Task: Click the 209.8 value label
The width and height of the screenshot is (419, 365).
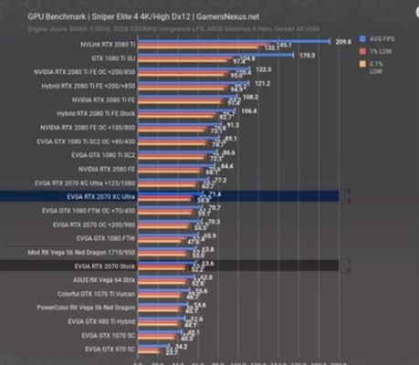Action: pos(343,42)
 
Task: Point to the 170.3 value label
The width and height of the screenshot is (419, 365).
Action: pos(308,56)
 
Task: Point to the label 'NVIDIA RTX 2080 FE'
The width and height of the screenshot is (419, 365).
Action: pos(105,169)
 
